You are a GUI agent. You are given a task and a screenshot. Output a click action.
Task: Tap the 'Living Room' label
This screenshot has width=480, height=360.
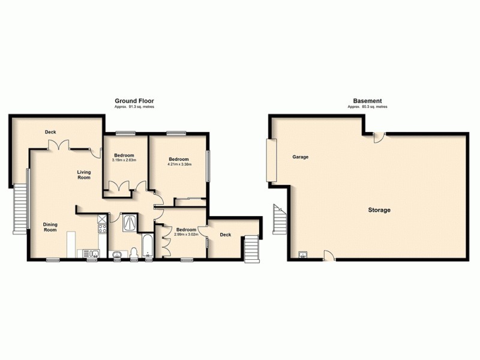[x=83, y=175]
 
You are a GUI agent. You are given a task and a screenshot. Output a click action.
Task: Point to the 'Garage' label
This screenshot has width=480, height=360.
[x=300, y=157]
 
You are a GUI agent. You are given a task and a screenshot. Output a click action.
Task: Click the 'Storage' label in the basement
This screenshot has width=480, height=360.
[x=379, y=210]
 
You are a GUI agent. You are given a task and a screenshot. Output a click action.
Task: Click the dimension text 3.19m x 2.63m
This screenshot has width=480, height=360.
[x=124, y=160]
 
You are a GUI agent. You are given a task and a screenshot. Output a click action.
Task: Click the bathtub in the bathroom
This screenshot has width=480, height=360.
[x=148, y=246]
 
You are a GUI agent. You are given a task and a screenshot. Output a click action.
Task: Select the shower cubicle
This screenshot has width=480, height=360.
[x=130, y=223]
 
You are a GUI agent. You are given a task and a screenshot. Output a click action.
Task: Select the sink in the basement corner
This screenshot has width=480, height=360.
[x=302, y=254]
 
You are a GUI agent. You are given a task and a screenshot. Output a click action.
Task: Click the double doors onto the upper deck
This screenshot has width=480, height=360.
[x=58, y=145]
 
